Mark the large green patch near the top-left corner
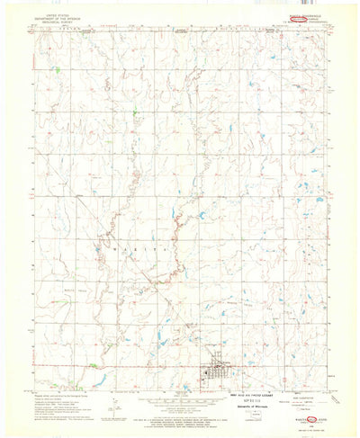56,68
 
